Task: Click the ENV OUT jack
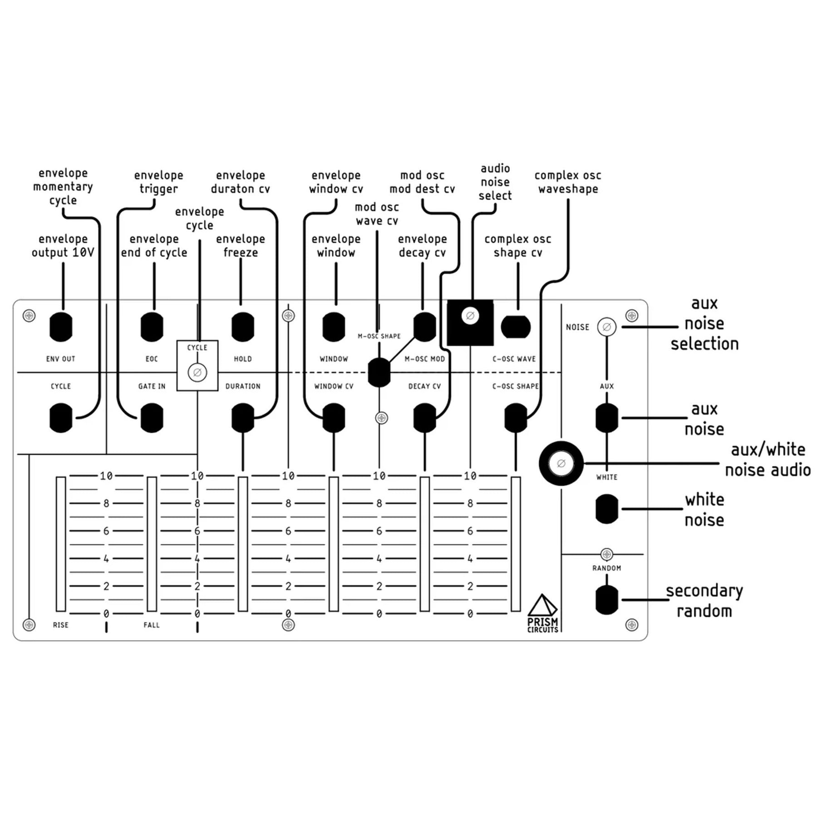61,327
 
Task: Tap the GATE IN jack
152,418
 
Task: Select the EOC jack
152,327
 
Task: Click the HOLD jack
243,327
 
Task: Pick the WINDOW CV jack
334,418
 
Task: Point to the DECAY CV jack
424,418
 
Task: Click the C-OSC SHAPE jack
516,418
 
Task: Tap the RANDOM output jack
606,600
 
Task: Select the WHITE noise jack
606,509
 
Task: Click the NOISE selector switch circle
606,327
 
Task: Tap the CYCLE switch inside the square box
197,373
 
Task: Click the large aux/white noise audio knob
561,463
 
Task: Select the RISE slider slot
61,544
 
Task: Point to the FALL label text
152,625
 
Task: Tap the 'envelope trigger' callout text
158,182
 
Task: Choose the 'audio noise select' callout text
495,182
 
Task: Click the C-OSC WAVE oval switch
516,327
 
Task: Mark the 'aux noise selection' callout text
704,324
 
